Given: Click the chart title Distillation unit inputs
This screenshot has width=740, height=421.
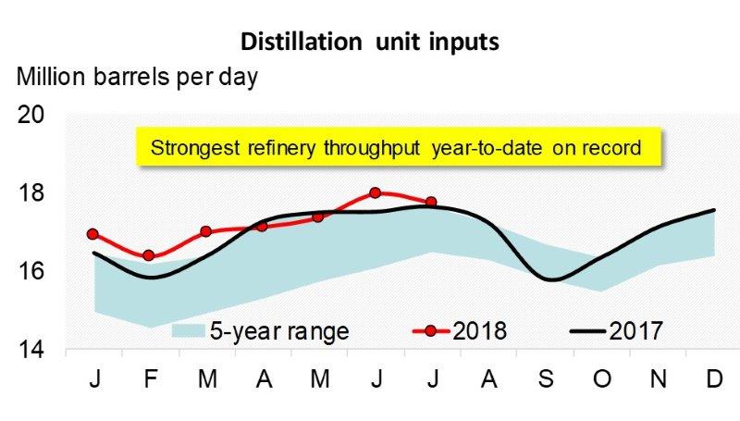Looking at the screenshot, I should [370, 42].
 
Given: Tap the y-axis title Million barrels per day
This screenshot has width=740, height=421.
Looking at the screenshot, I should [138, 76].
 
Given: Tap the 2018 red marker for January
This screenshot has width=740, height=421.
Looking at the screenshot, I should [92, 234].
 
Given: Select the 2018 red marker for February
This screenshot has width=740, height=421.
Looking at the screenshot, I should [149, 255].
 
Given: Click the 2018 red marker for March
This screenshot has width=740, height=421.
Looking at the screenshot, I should [205, 231].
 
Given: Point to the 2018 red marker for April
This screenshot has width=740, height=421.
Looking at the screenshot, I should [262, 226].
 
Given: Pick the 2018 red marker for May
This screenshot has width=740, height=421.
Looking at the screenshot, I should [318, 217].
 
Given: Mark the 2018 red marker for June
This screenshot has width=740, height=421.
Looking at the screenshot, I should [375, 192].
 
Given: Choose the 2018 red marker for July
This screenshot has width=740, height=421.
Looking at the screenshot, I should [431, 202].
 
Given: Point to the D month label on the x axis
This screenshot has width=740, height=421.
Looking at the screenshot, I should [713, 382].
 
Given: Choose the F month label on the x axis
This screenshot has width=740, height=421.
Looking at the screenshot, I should [149, 382].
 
